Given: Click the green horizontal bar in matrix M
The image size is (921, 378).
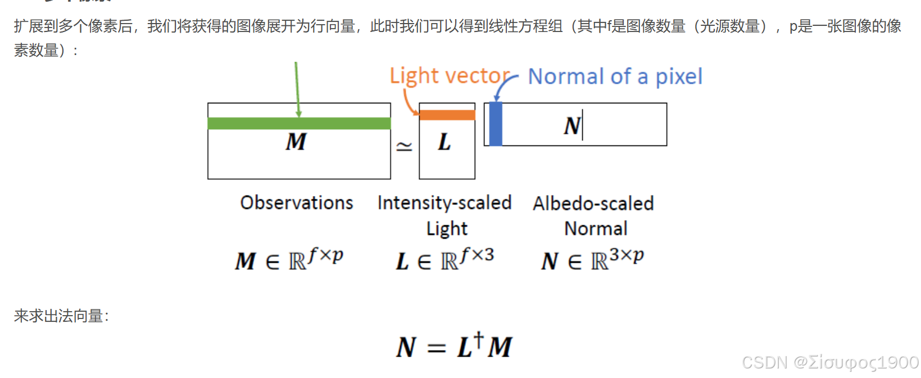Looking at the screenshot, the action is [x=299, y=124].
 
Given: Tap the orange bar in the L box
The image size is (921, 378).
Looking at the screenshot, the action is [x=447, y=115].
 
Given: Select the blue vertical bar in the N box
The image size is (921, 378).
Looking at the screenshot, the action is [x=496, y=124].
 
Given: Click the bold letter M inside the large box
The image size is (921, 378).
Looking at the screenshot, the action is [x=296, y=142].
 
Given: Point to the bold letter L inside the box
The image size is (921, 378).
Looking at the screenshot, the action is [x=444, y=143].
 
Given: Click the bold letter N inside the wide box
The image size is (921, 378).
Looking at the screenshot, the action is [x=572, y=126].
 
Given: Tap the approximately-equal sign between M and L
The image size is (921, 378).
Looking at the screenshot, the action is [x=405, y=147].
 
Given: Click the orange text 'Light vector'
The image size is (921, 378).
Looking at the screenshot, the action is [x=450, y=76].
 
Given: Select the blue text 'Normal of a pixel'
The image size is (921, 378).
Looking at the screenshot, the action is [x=615, y=76].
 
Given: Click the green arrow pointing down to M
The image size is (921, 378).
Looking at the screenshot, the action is [x=297, y=87].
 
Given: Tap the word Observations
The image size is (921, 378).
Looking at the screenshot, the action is [x=297, y=202].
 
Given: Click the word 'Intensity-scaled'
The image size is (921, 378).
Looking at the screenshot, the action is [x=444, y=202].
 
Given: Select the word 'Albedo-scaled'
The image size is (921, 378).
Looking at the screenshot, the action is [x=593, y=203].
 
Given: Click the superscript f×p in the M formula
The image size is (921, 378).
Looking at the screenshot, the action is [x=326, y=256].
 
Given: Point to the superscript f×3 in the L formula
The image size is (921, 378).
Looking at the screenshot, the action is [x=477, y=256].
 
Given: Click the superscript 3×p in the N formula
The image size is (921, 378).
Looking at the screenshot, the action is [x=627, y=256].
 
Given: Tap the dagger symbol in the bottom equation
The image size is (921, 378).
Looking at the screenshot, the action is [x=478, y=338].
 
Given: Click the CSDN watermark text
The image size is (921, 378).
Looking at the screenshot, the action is [x=830, y=362].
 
